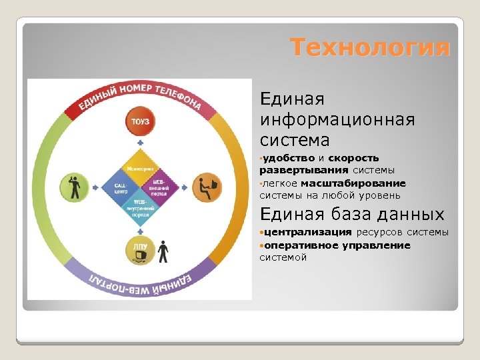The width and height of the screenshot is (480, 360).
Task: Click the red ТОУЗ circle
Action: pos(140,121)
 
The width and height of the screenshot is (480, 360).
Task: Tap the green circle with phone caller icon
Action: pos(74,187)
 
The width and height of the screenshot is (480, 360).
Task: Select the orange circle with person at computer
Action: pos(206,187)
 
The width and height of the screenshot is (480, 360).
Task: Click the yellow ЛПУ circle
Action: pos(140,252)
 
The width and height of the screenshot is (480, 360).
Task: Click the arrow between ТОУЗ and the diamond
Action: pos(140,143)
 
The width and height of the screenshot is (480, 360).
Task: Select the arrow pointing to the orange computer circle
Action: pos(184,187)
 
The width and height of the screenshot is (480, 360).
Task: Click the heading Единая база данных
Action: pos(352,214)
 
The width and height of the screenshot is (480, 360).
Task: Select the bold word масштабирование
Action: pos(353,183)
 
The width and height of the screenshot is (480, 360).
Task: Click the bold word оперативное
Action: pos(301,245)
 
